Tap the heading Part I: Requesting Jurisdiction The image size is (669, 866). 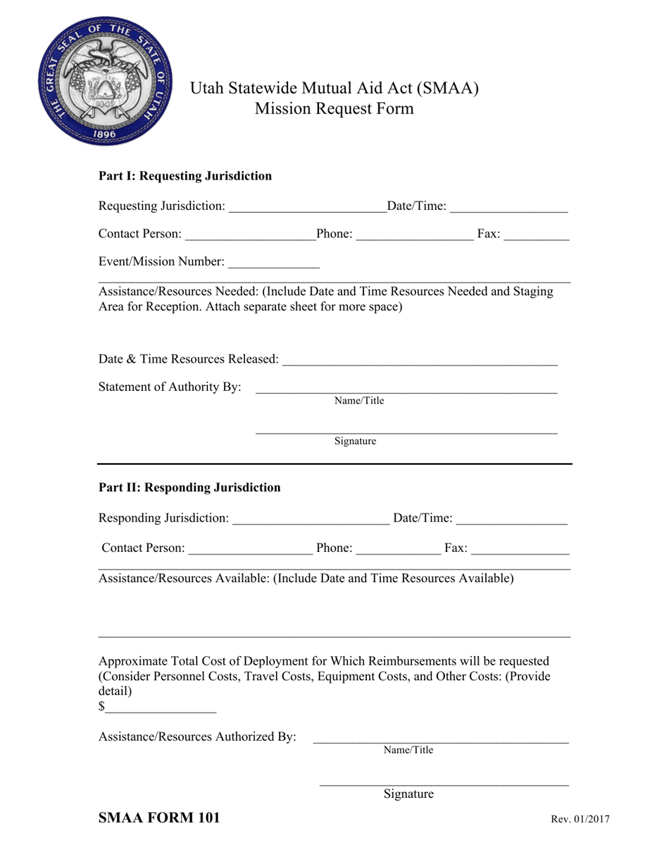coord(185,176)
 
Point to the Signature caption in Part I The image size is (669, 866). coord(355,441)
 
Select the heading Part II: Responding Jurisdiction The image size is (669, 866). coord(189,487)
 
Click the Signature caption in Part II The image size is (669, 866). coord(408,794)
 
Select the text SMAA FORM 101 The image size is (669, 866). coord(159,817)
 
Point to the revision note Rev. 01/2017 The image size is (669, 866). coord(580,819)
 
